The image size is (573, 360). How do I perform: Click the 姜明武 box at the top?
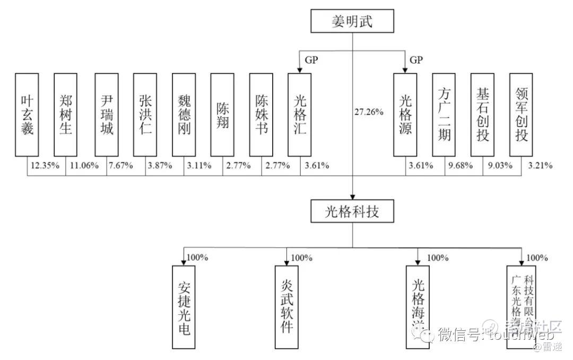point(352,21)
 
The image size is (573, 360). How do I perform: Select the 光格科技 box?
point(352,212)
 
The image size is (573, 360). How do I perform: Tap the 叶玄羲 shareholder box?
point(27,114)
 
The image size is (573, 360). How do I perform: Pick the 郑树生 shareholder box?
point(66,114)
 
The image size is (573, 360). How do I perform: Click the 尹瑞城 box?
point(107,114)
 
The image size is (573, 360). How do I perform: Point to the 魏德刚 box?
point(184,114)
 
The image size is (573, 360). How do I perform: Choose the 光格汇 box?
point(300,114)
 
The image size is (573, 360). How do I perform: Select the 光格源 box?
point(405,114)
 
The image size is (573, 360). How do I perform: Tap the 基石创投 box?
point(482,114)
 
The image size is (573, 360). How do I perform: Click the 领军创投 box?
point(521,114)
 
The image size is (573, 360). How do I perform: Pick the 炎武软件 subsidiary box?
point(287,306)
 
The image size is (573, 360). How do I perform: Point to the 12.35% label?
point(43,166)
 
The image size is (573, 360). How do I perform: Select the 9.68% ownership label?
point(459,166)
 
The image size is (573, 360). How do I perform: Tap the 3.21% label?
point(540,166)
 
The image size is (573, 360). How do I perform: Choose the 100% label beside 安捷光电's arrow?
point(197,258)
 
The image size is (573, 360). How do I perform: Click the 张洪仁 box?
point(145,114)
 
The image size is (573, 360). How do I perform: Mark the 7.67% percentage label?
point(120,166)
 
